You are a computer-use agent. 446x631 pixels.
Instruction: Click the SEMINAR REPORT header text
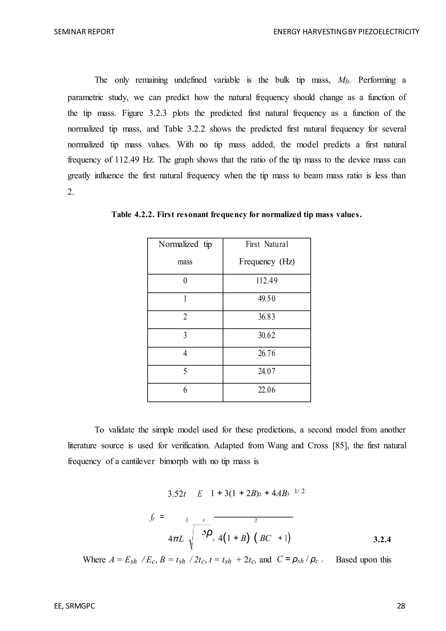[x=84, y=32]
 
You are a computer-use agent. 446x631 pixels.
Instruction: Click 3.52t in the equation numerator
[x=177, y=494]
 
